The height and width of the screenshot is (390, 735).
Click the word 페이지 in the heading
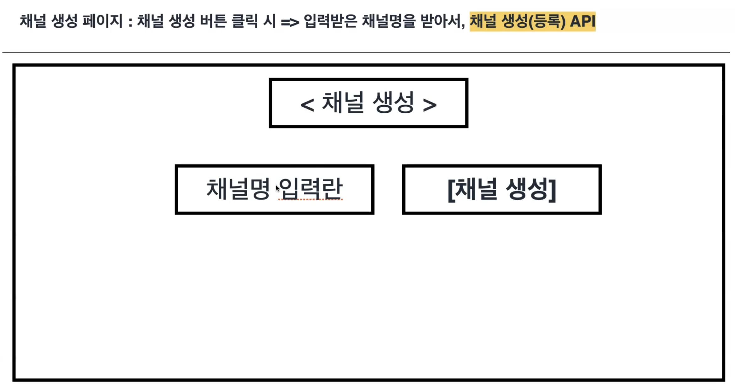pyautogui.click(x=102, y=21)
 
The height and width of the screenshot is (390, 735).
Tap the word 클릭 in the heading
pyautogui.click(x=245, y=21)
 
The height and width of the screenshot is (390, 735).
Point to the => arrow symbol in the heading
pyautogui.click(x=290, y=22)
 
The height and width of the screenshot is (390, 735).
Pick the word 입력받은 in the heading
pyautogui.click(x=330, y=21)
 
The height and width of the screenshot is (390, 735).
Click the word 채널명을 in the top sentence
pyautogui.click(x=389, y=21)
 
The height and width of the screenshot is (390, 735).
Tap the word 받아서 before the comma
pyautogui.click(x=441, y=21)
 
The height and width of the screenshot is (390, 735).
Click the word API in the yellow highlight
pyautogui.click(x=582, y=21)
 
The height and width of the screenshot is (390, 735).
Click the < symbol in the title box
pyautogui.click(x=307, y=105)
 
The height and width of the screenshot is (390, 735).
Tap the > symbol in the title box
pyautogui.click(x=430, y=105)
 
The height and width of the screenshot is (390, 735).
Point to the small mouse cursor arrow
pyautogui.click(x=277, y=188)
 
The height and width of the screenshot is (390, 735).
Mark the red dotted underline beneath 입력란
pyautogui.click(x=310, y=199)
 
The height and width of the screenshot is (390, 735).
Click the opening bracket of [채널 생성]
pyautogui.click(x=451, y=190)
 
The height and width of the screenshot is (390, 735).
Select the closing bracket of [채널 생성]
pyautogui.click(x=553, y=190)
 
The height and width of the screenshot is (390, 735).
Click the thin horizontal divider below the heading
pyautogui.click(x=366, y=52)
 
